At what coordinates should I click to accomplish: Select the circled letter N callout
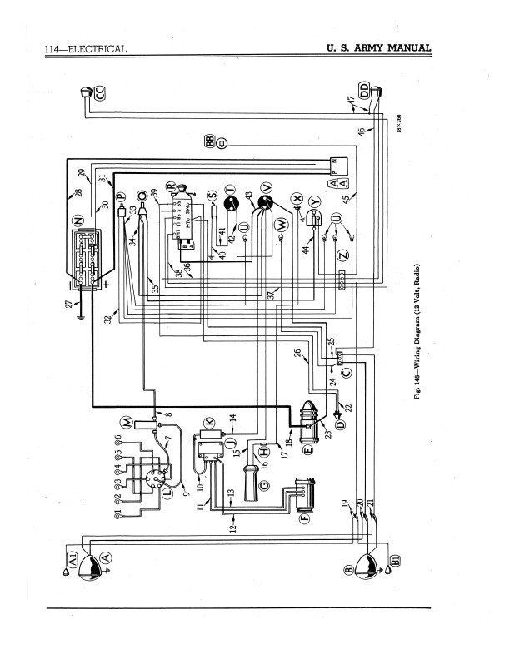coord(78,220)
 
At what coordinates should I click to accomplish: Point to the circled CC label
coord(100,93)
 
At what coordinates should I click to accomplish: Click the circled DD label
coord(363,89)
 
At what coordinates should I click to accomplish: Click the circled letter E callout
coord(307,450)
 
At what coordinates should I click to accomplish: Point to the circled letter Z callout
coord(340,257)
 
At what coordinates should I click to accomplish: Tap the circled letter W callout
coord(282,225)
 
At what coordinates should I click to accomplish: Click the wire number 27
coord(70,305)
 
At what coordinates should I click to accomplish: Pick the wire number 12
coord(233,526)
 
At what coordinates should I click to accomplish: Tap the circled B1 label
coord(395,557)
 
